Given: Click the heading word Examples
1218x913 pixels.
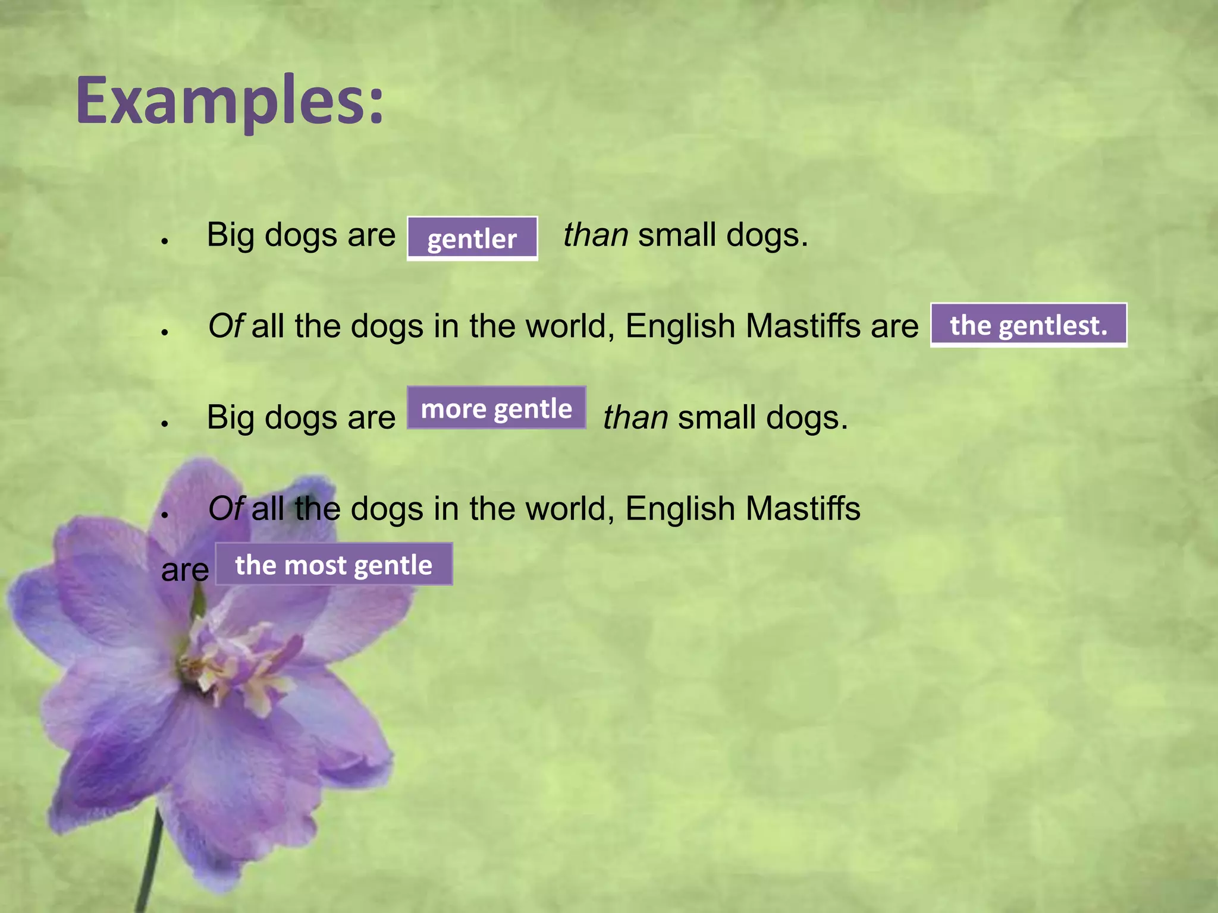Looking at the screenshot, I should coord(229,101).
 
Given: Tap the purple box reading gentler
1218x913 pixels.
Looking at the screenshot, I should coord(472,238).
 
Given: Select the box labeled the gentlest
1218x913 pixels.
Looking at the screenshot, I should coord(1028,325).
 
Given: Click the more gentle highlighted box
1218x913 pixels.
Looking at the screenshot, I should coord(497,408).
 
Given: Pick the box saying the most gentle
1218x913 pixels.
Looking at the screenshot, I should coord(334,564).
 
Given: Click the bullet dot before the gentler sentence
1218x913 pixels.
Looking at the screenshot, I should coord(165,241).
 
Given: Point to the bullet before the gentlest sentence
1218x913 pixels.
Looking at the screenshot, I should coord(165,332).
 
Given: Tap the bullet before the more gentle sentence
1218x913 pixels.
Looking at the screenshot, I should coord(165,424).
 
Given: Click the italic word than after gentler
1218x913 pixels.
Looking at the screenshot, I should coord(595,235).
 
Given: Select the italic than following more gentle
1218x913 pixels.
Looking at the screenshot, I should coord(635,417).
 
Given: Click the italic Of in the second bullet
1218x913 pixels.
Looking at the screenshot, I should coord(225,326).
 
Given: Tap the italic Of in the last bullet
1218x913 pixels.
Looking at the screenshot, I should coord(225,509).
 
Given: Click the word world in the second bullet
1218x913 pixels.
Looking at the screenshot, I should coord(569,326).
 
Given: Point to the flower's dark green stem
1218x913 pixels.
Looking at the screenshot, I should coord(149,862).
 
